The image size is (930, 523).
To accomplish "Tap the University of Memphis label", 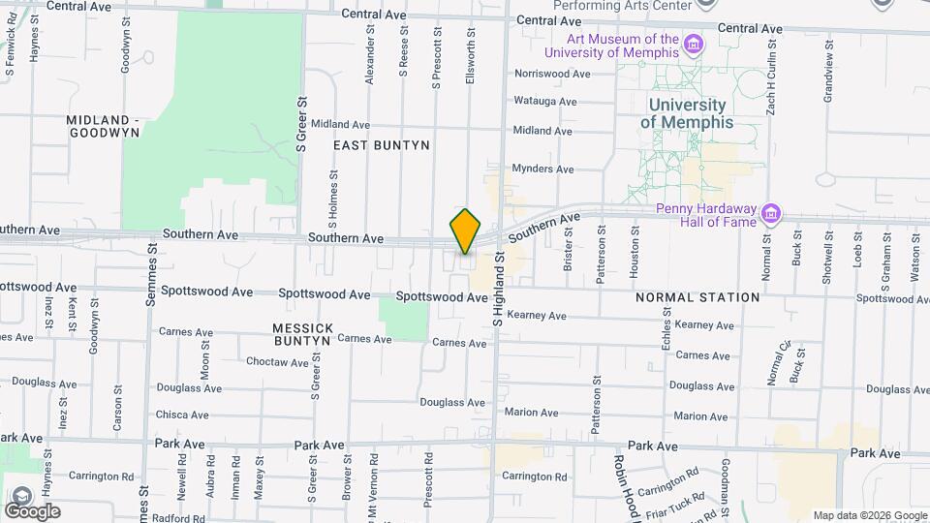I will (x=687, y=113).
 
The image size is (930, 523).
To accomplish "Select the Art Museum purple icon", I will (x=694, y=45).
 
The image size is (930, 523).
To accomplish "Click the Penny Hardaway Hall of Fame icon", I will (x=771, y=212).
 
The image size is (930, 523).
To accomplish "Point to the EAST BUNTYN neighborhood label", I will (x=381, y=145).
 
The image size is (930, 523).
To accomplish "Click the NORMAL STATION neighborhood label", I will (x=697, y=297).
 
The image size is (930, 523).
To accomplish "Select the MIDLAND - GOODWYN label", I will (x=104, y=127).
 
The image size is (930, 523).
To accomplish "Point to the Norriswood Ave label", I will (x=552, y=74).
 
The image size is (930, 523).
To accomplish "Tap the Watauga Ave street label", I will (x=544, y=101).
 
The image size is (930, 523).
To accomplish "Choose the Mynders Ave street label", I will (x=542, y=169).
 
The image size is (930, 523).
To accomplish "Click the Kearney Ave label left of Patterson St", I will (x=537, y=316).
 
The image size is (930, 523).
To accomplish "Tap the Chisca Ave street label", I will (x=182, y=415).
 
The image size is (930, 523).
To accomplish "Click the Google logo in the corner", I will (x=33, y=510).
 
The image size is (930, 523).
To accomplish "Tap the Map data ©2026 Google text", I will (x=868, y=516).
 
